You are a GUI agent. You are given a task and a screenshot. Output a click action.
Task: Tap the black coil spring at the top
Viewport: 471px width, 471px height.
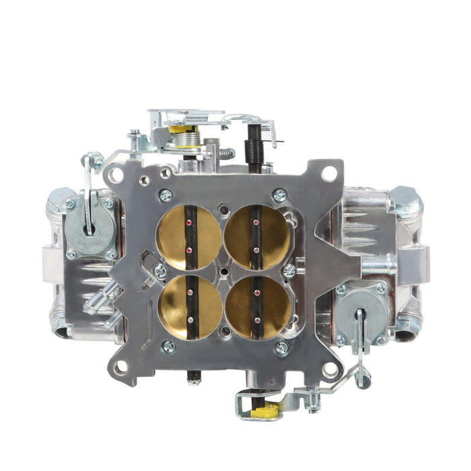(x=255, y=143)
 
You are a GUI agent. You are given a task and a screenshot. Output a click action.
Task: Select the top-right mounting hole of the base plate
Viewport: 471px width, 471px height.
(x=329, y=173)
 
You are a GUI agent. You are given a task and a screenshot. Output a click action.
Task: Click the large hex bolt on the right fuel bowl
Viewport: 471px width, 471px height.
(x=405, y=200)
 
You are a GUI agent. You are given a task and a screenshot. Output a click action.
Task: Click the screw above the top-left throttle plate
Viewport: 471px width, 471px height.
(x=166, y=196)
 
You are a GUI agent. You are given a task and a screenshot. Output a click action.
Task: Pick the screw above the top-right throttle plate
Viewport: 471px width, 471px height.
(x=279, y=195)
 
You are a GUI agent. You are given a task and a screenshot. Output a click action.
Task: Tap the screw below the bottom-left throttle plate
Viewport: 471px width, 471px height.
(x=168, y=347)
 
